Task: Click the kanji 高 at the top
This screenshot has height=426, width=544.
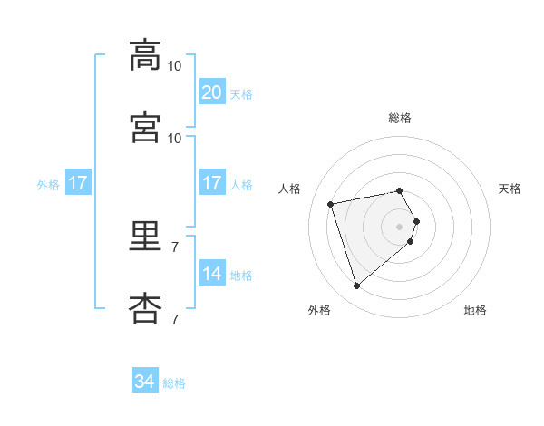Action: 145,55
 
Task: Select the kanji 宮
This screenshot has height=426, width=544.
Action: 145,127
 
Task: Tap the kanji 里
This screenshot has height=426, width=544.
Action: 145,236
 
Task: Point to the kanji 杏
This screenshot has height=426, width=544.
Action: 145,309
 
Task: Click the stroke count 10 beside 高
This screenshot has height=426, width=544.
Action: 174,66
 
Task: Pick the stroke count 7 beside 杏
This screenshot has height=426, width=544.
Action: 175,319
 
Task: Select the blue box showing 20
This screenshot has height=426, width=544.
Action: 212,92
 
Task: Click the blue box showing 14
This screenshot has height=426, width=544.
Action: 212,272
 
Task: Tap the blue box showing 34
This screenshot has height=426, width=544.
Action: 145,380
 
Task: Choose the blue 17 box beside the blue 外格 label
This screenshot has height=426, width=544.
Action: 78,182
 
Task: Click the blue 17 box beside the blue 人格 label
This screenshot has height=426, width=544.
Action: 212,182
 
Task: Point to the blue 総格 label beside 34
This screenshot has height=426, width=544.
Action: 174,383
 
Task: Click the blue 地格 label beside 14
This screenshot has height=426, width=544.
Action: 241,276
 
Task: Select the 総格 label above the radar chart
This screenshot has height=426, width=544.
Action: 400,118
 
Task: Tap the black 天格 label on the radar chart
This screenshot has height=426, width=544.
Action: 510,189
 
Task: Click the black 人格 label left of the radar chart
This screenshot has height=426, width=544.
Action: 289,189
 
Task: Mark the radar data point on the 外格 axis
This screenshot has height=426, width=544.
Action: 356,286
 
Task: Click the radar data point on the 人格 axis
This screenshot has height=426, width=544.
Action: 330,204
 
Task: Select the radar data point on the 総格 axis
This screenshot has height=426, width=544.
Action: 399,190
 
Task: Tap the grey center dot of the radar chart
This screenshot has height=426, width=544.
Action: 399,227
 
